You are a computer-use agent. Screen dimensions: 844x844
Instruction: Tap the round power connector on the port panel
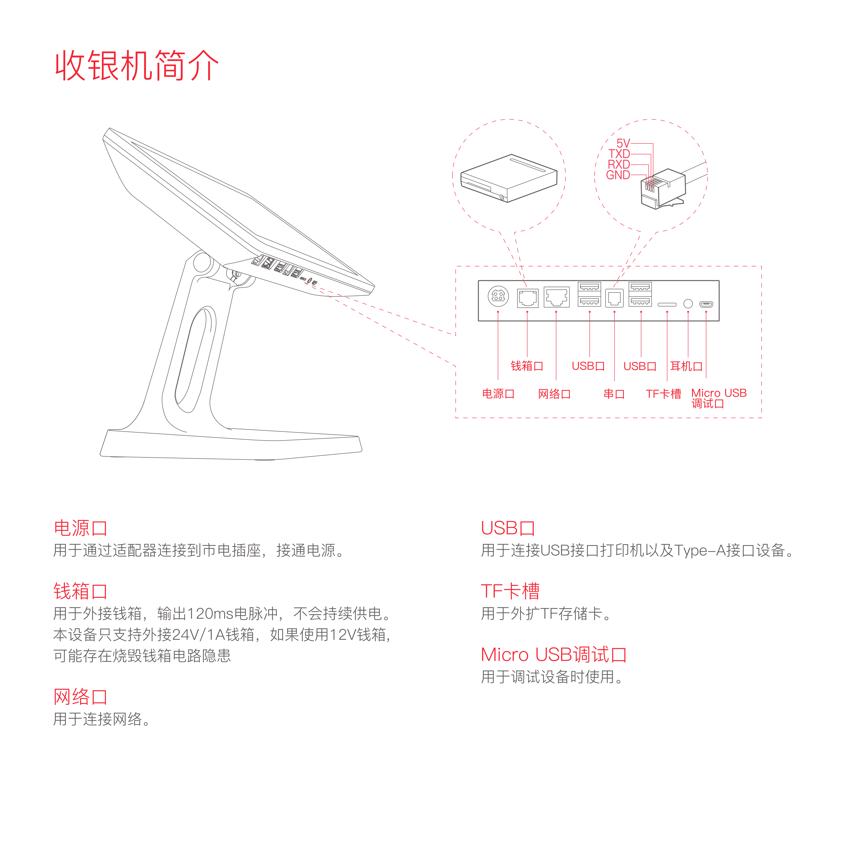[498, 297]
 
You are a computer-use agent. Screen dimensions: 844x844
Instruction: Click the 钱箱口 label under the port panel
[527, 366]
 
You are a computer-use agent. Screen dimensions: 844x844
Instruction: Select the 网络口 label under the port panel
[554, 394]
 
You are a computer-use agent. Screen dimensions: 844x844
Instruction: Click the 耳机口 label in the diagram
[686, 366]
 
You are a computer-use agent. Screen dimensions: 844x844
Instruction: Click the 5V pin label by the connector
[623, 143]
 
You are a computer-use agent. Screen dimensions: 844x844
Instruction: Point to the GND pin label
[618, 175]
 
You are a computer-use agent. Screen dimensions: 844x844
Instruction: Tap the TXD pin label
[619, 154]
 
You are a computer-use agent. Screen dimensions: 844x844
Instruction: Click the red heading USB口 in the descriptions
[508, 528]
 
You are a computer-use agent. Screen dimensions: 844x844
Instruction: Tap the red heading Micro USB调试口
[554, 654]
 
